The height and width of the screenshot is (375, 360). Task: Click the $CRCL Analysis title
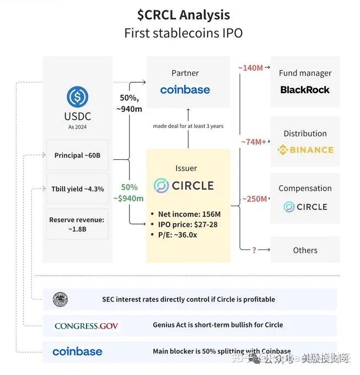(183, 14)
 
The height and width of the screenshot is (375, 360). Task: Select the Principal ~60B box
(77, 156)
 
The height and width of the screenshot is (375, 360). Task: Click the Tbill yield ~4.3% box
(77, 189)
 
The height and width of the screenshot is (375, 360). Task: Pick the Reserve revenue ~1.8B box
(77, 224)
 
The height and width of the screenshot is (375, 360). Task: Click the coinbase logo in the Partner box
(185, 90)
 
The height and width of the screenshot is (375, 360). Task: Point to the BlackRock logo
(305, 90)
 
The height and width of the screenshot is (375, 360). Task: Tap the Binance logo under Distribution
(305, 149)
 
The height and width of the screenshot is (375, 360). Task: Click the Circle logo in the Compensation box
(305, 207)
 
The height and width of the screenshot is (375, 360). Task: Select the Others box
(305, 250)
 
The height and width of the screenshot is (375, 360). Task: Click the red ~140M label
(250, 68)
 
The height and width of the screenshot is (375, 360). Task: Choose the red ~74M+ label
(253, 142)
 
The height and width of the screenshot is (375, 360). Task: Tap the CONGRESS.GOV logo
(86, 325)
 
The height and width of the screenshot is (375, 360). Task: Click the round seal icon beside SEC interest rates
(60, 299)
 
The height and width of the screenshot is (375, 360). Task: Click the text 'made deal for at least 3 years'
(188, 126)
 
